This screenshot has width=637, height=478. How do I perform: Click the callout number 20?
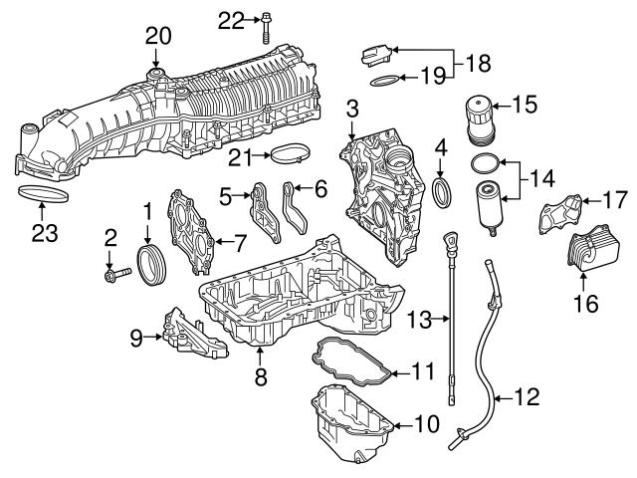[158, 35]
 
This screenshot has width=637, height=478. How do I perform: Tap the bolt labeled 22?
[267, 22]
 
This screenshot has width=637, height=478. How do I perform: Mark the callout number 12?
[527, 397]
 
